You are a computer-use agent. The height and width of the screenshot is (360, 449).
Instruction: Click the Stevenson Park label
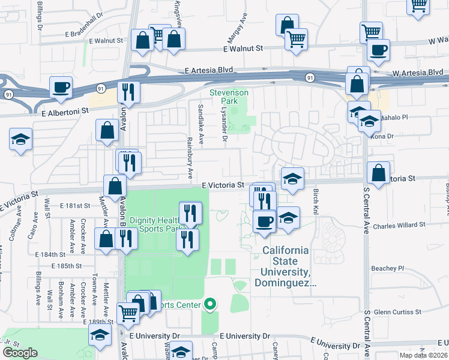pos(228,97)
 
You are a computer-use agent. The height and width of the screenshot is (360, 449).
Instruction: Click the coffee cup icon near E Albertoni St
pos(61,88)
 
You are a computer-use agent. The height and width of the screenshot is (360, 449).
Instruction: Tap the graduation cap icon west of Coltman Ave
pos(21,140)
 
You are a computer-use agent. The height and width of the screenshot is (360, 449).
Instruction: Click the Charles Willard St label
pos(399,225)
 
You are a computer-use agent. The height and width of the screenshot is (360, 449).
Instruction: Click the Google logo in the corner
pos(20,353)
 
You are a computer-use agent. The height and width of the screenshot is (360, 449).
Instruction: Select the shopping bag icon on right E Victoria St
pos(379,173)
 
